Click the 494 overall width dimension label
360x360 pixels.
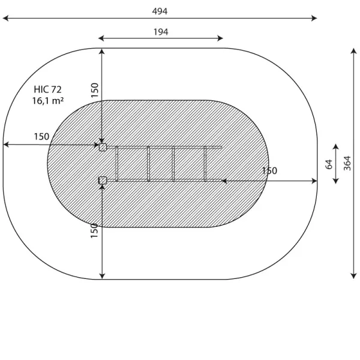(160, 11)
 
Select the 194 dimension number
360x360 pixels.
(161, 32)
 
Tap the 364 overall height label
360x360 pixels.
(347, 163)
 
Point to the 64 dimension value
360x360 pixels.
(329, 164)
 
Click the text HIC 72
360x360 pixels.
(48, 89)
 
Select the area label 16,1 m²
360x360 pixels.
(48, 101)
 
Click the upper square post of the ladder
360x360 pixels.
(103, 147)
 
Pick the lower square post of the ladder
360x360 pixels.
(103, 180)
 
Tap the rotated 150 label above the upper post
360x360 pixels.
(95, 90)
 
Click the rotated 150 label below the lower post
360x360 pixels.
(94, 230)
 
